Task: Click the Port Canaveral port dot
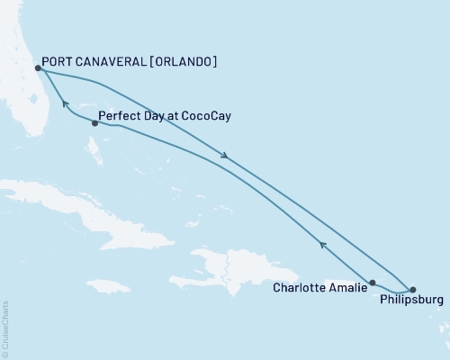[38, 67]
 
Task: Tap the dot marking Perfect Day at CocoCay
[94, 123]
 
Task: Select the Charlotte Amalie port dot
[373, 283]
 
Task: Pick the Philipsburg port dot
[412, 290]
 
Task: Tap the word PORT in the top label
[60, 62]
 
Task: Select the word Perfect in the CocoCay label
[118, 116]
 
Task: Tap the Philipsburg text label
[411, 302]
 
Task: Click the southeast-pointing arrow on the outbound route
[225, 157]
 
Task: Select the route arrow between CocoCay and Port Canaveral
[64, 104]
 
